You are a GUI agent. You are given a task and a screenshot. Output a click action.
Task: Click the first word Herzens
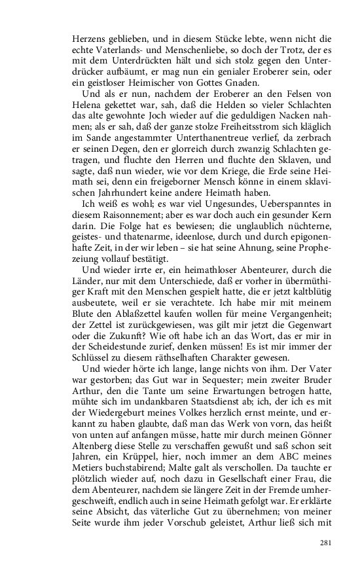click(x=88, y=38)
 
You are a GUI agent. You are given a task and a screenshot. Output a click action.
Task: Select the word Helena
click(x=88, y=106)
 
